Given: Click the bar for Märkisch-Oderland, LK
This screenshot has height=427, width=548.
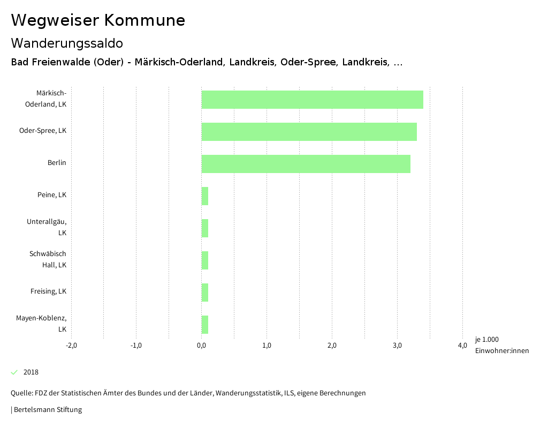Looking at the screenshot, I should point(312,100).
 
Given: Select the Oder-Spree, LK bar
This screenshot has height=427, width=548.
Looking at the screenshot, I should point(309,132).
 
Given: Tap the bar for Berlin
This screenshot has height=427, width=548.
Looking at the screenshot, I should point(306,164).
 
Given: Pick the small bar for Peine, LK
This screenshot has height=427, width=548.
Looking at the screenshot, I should point(205,196).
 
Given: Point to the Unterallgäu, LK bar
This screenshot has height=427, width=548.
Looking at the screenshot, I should point(205,228).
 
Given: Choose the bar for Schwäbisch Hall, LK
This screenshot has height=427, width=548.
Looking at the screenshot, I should point(205,260).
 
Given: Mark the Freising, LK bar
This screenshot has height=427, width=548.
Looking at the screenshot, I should point(205,293).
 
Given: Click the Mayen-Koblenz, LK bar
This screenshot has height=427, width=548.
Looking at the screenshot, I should point(205,325).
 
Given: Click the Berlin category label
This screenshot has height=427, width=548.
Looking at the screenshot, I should point(57,163).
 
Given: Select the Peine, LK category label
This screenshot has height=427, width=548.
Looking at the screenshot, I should point(52,195).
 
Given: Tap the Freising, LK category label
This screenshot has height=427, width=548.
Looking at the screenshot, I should point(48,291).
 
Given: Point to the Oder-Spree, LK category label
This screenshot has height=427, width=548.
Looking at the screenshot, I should point(43,131).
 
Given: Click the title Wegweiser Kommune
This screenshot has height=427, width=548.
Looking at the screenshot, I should point(98,20).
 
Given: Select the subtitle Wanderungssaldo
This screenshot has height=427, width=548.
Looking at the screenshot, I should point(67,43).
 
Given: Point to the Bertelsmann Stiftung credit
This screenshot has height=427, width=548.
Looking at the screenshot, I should point(48,410).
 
